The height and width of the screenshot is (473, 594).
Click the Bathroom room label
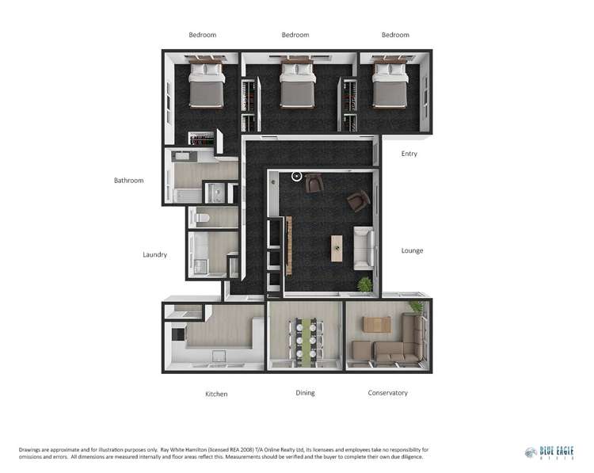pyautogui.click(x=128, y=181)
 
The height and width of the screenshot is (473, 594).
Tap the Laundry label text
pyautogui.click(x=154, y=255)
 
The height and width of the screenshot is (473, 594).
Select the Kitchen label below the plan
pyautogui.click(x=216, y=394)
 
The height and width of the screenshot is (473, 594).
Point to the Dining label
pyautogui.click(x=305, y=393)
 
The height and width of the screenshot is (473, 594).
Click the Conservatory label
pyautogui.click(x=387, y=393)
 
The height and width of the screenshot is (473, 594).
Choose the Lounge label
pyautogui.click(x=412, y=251)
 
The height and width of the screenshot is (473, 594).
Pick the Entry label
pyautogui.click(x=409, y=154)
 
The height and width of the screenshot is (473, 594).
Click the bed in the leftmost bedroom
pyautogui.click(x=206, y=86)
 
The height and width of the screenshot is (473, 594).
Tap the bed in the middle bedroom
pyautogui.click(x=298, y=86)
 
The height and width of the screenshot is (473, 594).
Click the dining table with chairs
pyautogui.click(x=305, y=338)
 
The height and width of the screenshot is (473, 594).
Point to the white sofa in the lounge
pyautogui.click(x=364, y=246)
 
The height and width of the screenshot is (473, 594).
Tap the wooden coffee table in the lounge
pyautogui.click(x=337, y=247)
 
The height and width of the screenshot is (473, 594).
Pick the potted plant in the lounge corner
pyautogui.click(x=364, y=283)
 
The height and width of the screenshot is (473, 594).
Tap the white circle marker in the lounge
pyautogui.click(x=297, y=176)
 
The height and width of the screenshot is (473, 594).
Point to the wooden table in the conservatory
pyautogui.click(x=376, y=323)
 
